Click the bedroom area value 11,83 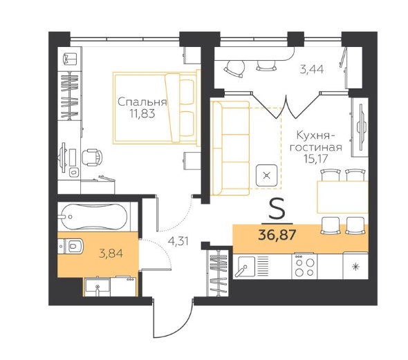(x=142, y=113)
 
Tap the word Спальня (x=142, y=102)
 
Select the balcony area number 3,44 (x=312, y=70)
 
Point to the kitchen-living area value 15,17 (x=316, y=158)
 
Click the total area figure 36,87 (x=277, y=235)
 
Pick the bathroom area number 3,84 (x=111, y=253)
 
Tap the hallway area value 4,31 (x=178, y=241)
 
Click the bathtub (x=94, y=217)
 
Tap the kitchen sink (x=245, y=266)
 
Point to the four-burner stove (x=304, y=267)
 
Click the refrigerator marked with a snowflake (x=355, y=266)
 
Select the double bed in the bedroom (x=156, y=108)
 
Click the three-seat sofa (x=230, y=148)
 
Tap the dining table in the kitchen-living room (x=342, y=197)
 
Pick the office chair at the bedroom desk (x=92, y=158)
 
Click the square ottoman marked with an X (x=266, y=176)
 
